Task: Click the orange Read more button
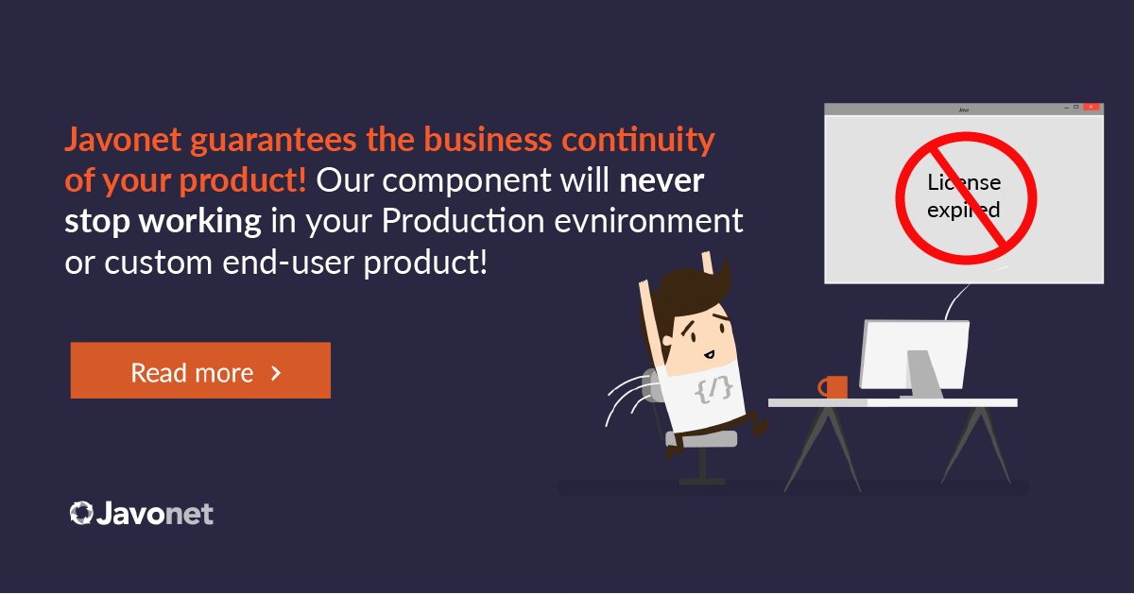coord(200,370)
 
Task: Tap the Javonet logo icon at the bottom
coord(81,513)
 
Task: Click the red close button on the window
coord(1091,107)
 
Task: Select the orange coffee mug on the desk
coord(833,387)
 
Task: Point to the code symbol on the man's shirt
coord(713,389)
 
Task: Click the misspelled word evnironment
coord(648,221)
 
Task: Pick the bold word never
coord(661,180)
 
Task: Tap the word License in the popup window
coord(964,182)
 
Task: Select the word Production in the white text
coord(463,221)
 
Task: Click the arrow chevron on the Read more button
coord(276,373)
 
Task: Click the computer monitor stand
coord(923,373)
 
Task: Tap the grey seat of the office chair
coord(701,439)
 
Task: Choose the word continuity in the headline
coord(638,140)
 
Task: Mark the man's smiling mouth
coord(710,354)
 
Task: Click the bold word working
coord(200,222)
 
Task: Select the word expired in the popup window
coord(963,210)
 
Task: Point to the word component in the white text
coord(466,181)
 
